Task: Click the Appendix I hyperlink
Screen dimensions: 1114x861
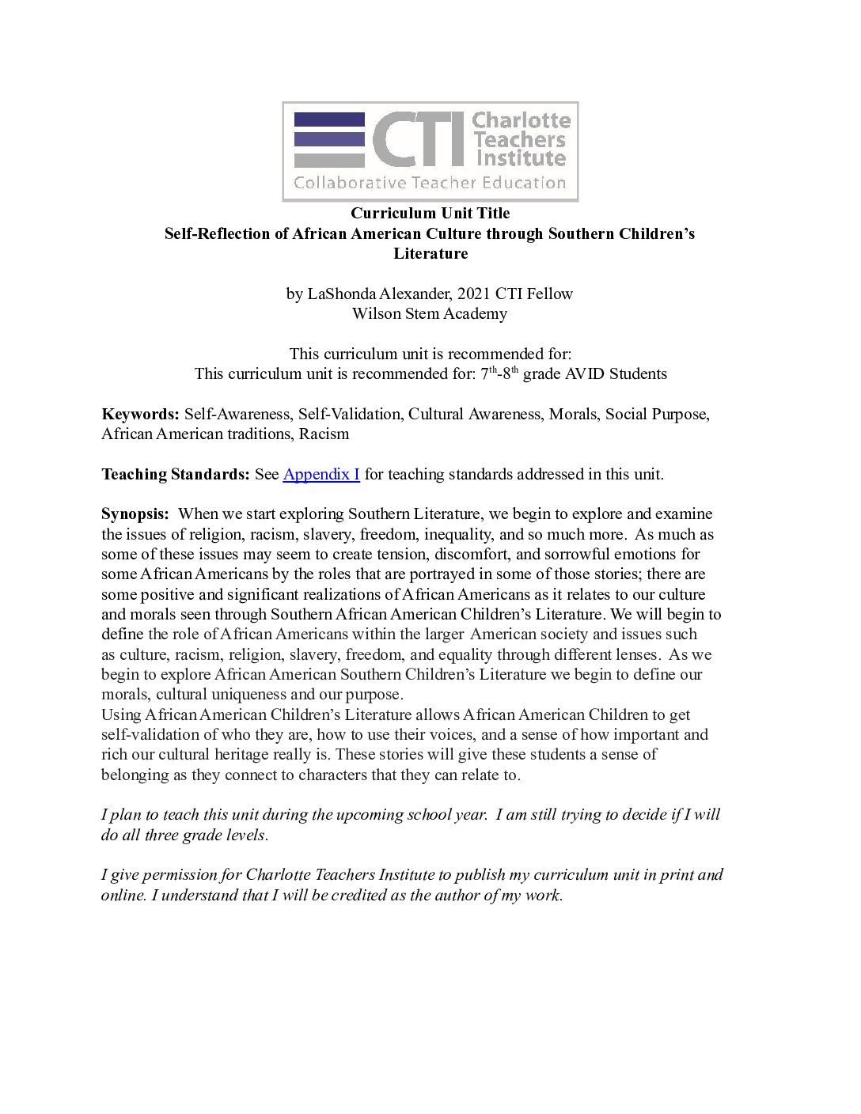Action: click(x=321, y=475)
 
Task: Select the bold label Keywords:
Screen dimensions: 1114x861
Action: click(x=140, y=415)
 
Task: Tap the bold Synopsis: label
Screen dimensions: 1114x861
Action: click(x=135, y=514)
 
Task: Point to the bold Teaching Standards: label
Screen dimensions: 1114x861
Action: click(x=176, y=475)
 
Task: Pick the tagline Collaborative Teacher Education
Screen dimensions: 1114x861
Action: click(x=430, y=184)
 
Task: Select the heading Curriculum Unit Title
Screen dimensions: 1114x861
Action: click(x=430, y=214)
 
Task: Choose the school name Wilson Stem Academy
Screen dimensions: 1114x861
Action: click(x=430, y=313)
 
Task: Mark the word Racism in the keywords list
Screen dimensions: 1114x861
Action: click(x=324, y=434)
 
